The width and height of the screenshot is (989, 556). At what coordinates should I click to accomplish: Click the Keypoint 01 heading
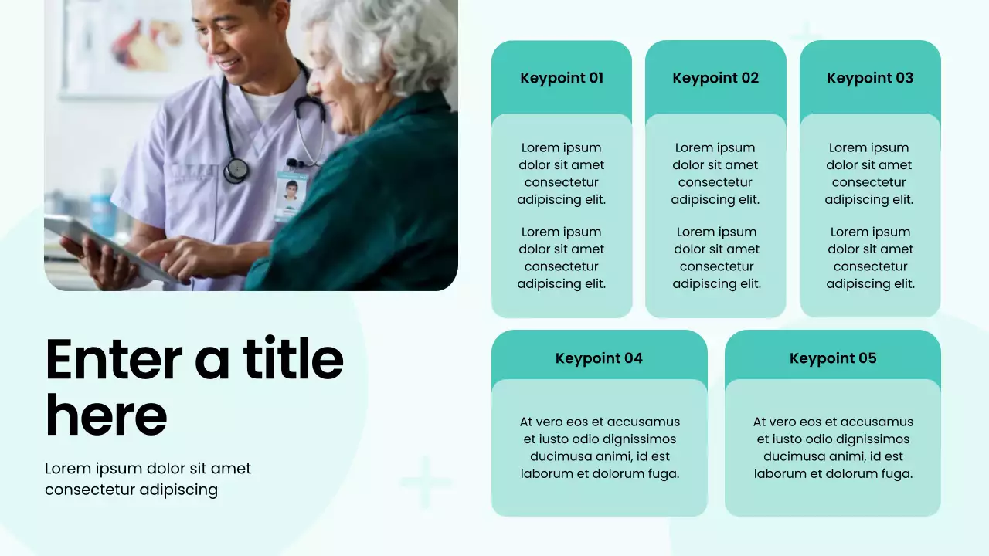click(x=562, y=78)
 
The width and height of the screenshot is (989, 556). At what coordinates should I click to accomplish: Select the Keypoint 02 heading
click(x=715, y=78)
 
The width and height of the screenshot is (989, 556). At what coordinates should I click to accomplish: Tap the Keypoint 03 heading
click(x=870, y=78)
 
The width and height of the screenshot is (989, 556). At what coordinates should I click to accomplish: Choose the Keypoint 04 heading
click(x=599, y=358)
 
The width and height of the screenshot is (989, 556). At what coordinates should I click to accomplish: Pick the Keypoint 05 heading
click(x=833, y=358)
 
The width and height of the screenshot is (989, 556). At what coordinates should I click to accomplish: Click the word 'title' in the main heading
click(x=294, y=359)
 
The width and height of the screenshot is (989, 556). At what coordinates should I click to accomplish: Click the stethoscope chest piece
click(x=236, y=169)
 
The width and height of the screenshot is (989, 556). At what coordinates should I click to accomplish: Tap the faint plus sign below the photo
click(x=425, y=483)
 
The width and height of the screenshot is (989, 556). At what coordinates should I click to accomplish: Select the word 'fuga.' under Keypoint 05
click(x=896, y=473)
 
